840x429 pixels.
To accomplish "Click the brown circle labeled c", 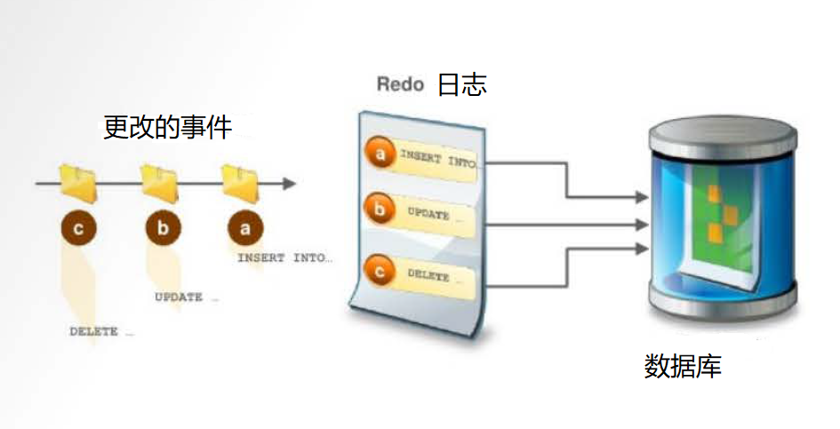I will coord(79,228).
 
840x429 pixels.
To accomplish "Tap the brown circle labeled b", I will coord(162,228).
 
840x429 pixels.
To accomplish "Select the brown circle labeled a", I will coord(245,228).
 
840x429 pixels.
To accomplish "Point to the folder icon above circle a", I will coord(241,181).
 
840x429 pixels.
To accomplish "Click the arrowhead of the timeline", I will coord(288,184).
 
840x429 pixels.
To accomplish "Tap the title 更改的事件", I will coord(168,127).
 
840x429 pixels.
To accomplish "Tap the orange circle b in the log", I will coord(381,211).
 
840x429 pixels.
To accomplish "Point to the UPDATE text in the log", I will coord(429,214).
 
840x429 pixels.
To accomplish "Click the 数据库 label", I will coord(683,366).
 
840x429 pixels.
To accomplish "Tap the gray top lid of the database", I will coord(718,134).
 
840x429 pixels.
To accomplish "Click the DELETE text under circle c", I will coord(101,332).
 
